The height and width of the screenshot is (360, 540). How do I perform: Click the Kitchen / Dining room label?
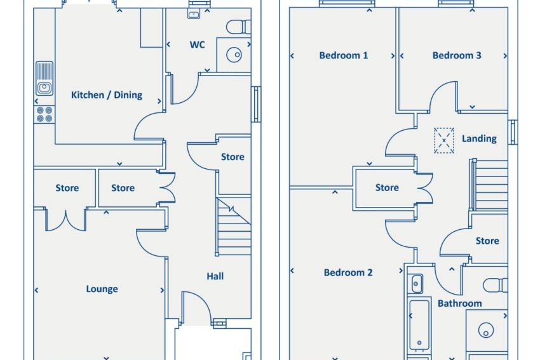[107, 95]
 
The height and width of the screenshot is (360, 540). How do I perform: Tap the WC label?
[198, 44]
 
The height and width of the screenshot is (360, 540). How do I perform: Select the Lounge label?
[102, 289]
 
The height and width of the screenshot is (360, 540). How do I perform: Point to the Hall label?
[215, 276]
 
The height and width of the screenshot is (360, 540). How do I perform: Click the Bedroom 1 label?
[343, 55]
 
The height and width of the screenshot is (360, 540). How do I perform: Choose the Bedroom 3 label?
[457, 55]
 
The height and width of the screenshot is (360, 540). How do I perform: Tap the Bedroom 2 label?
[348, 272]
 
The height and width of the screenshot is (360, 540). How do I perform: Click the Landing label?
[479, 138]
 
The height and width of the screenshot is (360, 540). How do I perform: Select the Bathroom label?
[460, 303]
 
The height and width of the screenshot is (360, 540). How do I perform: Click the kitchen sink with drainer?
[44, 79]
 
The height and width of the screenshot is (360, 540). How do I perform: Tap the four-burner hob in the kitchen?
[44, 115]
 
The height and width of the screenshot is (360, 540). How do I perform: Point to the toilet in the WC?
[239, 27]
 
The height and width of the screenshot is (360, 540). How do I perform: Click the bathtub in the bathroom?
[419, 325]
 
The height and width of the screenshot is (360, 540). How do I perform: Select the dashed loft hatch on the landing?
[444, 140]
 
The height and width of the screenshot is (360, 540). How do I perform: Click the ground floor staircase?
[234, 227]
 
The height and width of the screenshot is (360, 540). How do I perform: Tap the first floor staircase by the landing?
[490, 185]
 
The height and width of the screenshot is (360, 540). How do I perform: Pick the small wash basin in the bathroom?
[416, 284]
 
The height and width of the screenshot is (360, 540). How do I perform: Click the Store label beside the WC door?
[233, 157]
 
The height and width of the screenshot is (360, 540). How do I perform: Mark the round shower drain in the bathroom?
[486, 330]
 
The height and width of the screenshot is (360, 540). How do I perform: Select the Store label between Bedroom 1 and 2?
[387, 187]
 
